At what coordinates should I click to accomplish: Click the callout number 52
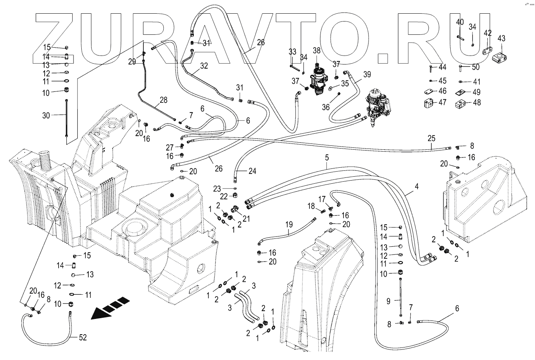82,338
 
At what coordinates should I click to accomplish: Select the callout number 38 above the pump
317,51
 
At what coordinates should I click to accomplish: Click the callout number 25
431,138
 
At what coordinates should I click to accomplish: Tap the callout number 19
289,224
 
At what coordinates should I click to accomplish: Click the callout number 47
442,102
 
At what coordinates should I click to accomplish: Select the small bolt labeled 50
460,68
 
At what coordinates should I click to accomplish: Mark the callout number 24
252,171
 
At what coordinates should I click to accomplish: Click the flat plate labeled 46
428,91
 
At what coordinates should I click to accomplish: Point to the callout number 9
388,301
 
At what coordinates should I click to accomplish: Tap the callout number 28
164,100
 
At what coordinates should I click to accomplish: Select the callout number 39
367,75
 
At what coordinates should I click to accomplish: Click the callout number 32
204,66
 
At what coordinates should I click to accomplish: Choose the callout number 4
417,186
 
